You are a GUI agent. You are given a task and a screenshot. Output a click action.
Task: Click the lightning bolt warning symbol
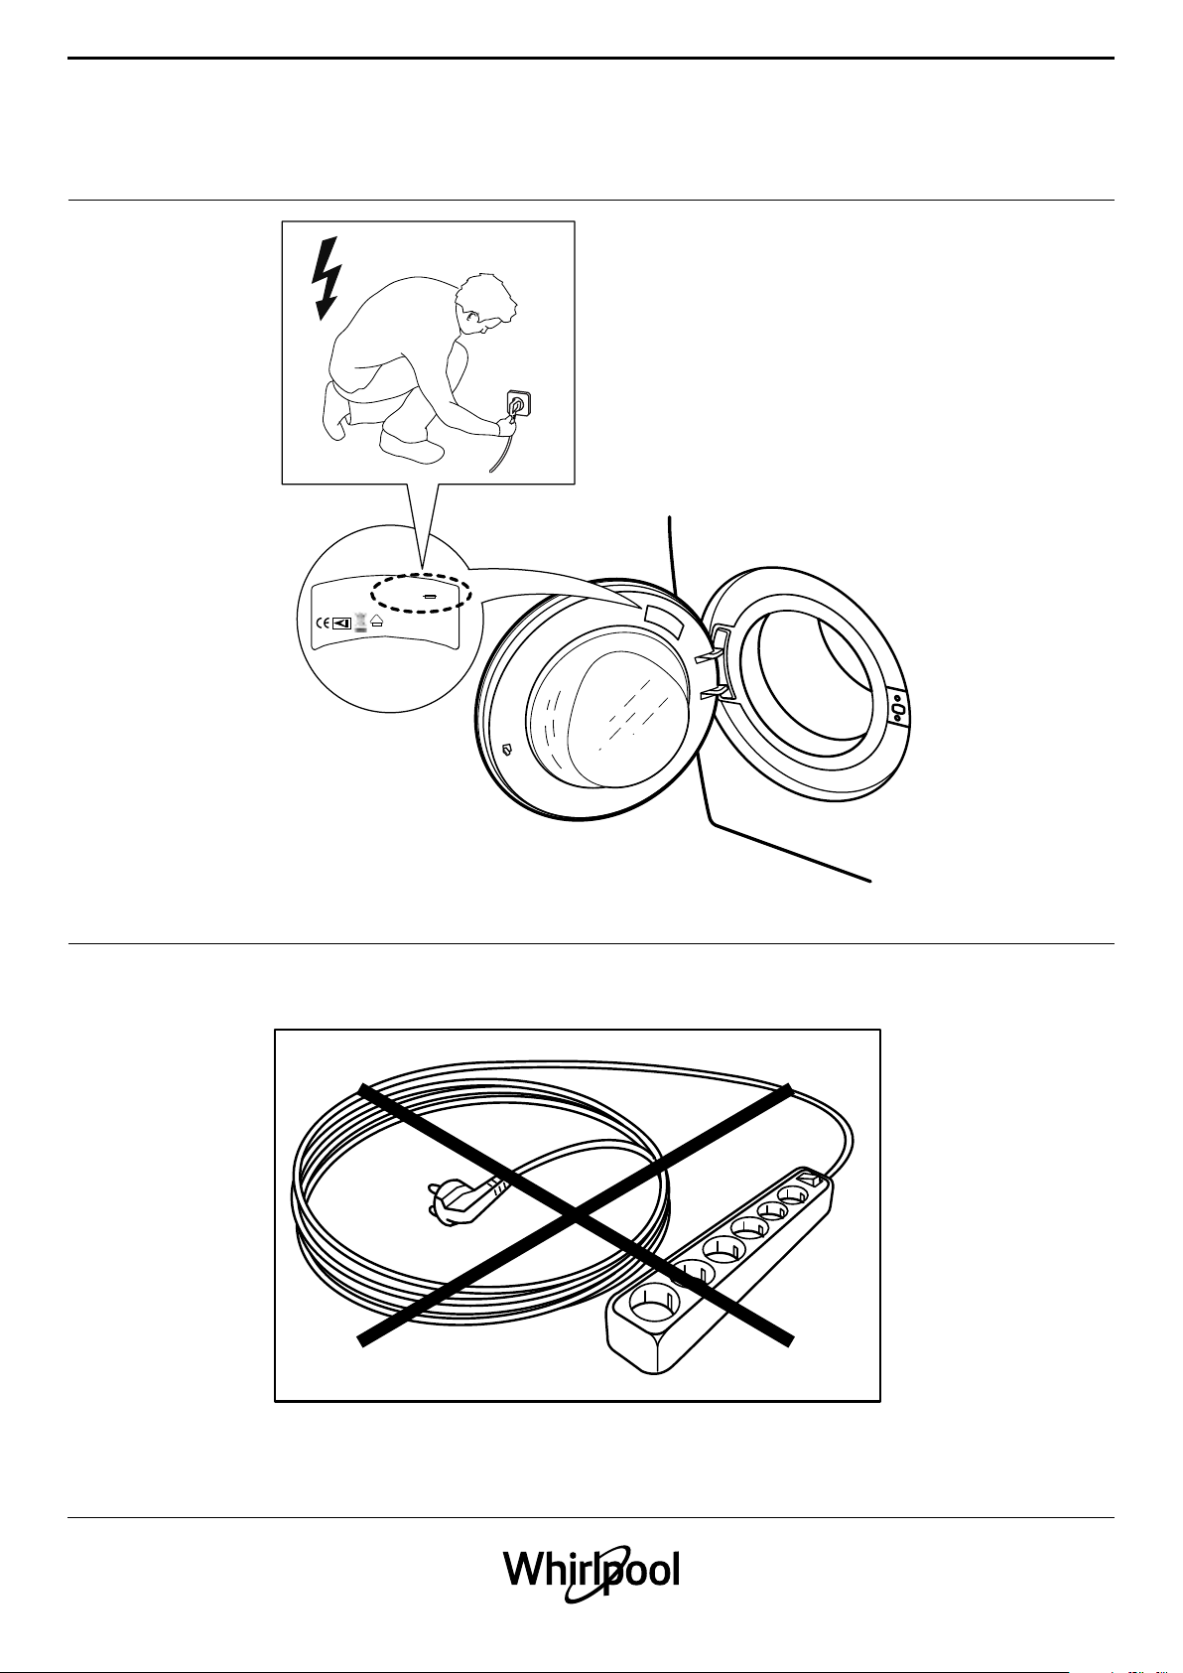pyautogui.click(x=324, y=278)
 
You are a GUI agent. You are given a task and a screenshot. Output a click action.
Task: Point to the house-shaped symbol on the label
pyautogui.click(x=378, y=624)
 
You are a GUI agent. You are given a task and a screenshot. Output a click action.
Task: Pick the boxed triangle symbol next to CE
pyautogui.click(x=342, y=624)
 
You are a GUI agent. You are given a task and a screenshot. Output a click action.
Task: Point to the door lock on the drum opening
pyautogui.click(x=895, y=708)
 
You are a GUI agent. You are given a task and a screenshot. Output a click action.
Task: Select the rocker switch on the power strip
pyautogui.click(x=812, y=1181)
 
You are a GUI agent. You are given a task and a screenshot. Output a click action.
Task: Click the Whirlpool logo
pyautogui.click(x=591, y=1572)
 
